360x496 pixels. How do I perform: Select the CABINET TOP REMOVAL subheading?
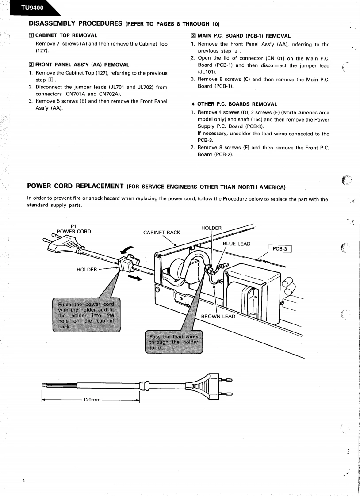[x=66, y=35]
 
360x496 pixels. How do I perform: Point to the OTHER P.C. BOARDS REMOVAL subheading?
[x=237, y=104]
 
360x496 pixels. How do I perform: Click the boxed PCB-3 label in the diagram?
[x=280, y=249]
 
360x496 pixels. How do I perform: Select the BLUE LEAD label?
[x=236, y=244]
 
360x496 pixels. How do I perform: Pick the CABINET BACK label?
[x=161, y=233]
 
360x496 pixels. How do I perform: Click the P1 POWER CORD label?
[x=74, y=228]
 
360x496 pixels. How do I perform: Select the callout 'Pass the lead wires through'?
[x=174, y=342]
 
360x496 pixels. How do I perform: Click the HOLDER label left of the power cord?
[x=87, y=270]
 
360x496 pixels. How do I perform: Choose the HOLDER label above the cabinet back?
[x=211, y=228]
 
